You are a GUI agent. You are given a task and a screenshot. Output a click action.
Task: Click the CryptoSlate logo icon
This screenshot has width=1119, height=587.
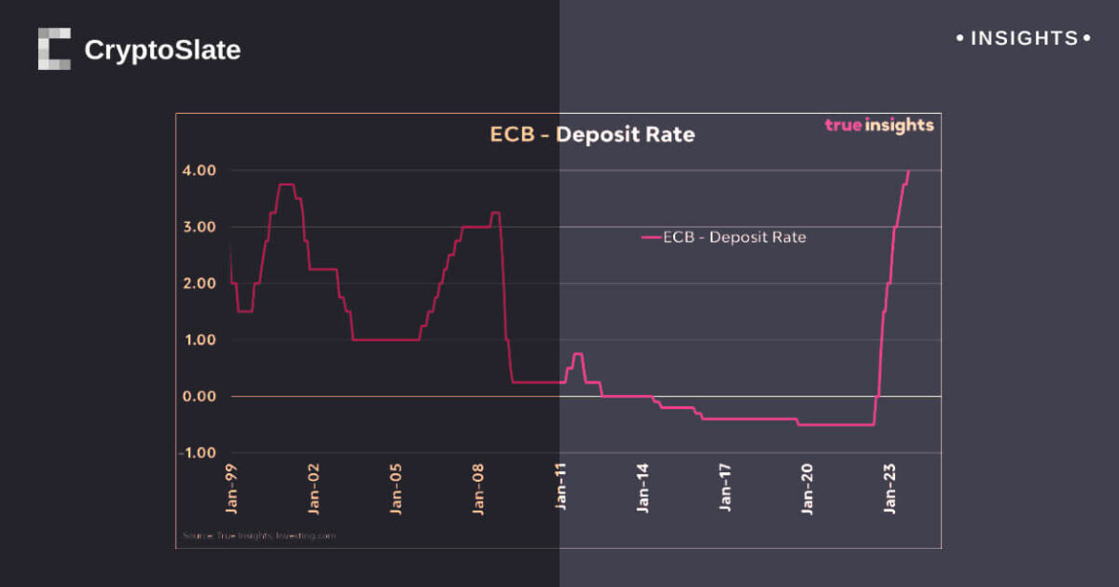tap(55, 49)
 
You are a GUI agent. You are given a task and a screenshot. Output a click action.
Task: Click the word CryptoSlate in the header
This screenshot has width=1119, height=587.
tap(163, 50)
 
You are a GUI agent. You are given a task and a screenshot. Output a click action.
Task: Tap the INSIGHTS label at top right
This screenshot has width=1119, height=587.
tap(1023, 38)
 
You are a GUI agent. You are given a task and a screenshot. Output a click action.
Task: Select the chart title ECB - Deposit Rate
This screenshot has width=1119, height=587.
tap(592, 135)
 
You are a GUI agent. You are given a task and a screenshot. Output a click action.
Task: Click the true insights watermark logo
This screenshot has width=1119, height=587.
tap(879, 125)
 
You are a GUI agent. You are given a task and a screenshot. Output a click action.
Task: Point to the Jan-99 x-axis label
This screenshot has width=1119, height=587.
tap(232, 489)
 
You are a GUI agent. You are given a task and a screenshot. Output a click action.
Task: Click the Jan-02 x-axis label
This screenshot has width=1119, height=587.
tap(315, 489)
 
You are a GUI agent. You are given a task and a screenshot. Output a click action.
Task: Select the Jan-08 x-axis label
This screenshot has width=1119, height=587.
tap(479, 489)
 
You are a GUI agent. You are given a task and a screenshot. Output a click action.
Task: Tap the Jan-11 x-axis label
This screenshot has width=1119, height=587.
tap(561, 489)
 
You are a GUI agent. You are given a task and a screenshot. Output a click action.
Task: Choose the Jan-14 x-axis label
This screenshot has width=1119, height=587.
tap(644, 489)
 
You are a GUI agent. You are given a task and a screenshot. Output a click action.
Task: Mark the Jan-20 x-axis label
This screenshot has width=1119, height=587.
tap(808, 489)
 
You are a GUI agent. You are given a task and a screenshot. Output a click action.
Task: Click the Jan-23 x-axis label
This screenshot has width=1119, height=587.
tap(890, 489)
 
